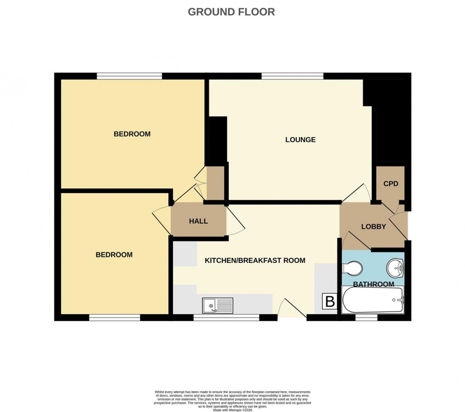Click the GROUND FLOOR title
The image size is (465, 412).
[231, 12]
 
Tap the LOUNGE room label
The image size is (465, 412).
[300, 140]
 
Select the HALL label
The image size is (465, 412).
[198, 221]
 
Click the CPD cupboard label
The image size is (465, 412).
[391, 184]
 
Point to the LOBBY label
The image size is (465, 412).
[373, 226]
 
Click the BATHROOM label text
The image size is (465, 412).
[373, 284]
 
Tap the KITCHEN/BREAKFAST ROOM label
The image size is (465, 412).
[255, 261]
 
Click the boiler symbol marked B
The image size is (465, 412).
[330, 302]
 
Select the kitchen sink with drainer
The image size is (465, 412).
[217, 305]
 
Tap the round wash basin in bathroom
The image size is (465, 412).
[394, 268]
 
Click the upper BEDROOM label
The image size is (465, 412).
[132, 134]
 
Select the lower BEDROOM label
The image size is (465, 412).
[114, 255]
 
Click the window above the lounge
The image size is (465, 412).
[293, 76]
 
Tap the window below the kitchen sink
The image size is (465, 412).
[227, 317]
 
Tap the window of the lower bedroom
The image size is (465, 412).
[114, 317]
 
